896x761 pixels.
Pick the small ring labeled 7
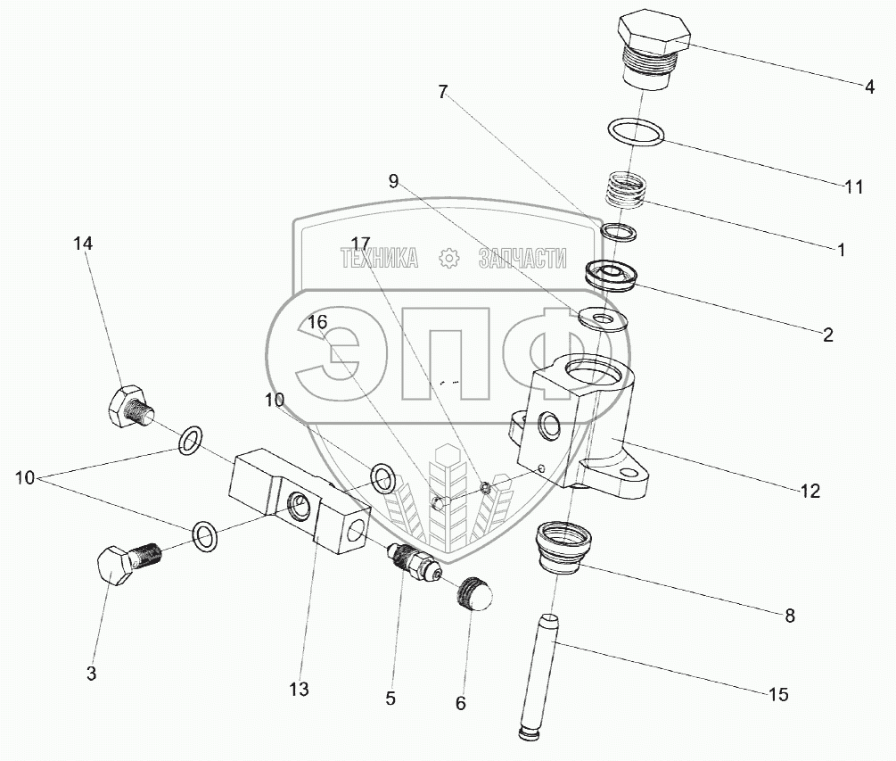click(x=619, y=233)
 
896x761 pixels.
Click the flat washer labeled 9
click(x=604, y=318)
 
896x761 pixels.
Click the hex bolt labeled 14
click(x=128, y=409)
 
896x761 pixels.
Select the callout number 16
click(x=318, y=322)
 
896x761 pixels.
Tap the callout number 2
click(x=827, y=335)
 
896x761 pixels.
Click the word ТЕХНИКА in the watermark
click(x=379, y=259)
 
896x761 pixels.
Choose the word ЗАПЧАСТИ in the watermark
click(x=522, y=259)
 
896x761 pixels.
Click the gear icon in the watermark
click(x=448, y=259)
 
